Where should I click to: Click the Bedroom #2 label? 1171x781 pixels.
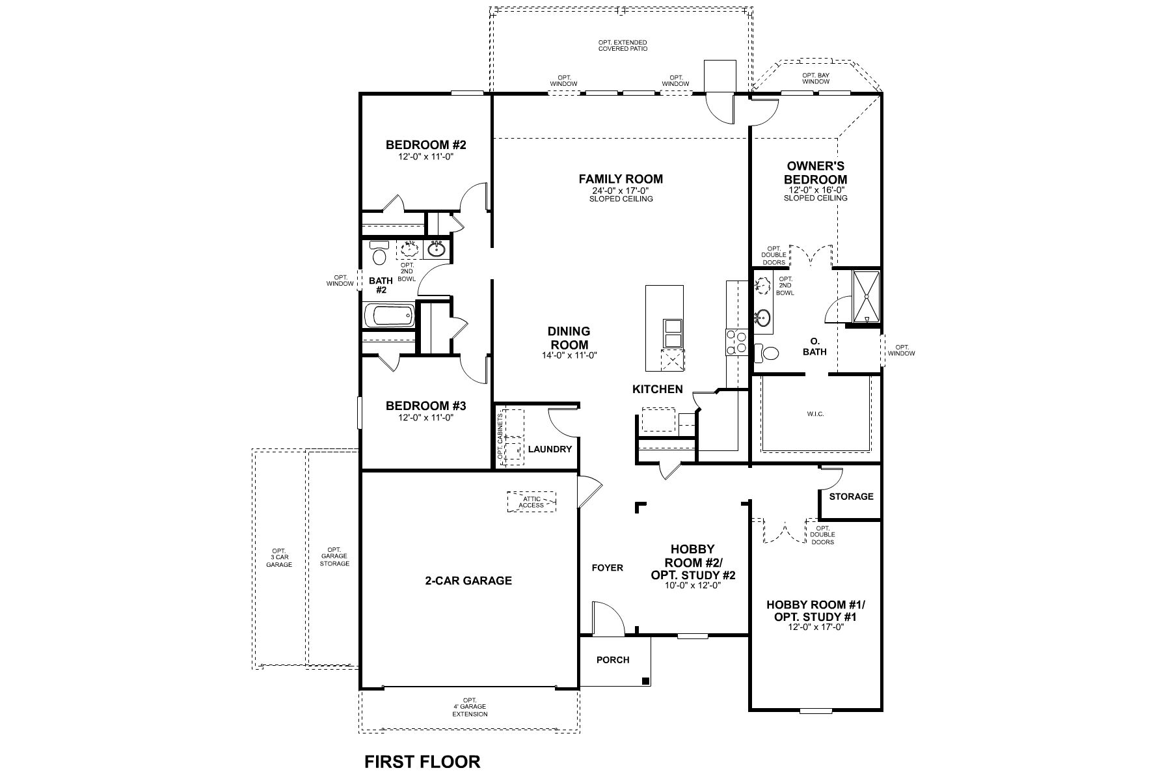click(425, 145)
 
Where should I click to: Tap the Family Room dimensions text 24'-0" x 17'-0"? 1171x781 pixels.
click(621, 191)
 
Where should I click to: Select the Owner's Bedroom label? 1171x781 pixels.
click(815, 173)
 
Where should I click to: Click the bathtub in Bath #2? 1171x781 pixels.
click(388, 317)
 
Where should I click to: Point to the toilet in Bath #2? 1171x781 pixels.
click(377, 254)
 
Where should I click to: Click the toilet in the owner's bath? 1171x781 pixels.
click(767, 353)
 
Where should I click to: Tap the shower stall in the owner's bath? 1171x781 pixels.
click(866, 297)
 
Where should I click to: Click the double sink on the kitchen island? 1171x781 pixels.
click(672, 333)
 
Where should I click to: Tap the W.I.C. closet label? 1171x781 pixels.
click(815, 414)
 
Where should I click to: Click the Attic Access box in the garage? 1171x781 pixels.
click(532, 502)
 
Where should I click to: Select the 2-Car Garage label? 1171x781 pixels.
click(468, 581)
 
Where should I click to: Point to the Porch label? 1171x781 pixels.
click(613, 660)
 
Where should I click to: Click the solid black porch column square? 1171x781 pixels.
click(645, 681)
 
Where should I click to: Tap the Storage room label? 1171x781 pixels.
click(851, 497)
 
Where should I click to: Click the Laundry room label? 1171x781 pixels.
click(550, 449)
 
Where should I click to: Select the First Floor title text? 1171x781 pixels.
click(422, 761)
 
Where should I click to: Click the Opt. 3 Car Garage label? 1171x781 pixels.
click(279, 558)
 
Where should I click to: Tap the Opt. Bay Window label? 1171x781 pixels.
click(815, 78)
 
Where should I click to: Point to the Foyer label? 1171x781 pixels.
click(607, 568)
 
